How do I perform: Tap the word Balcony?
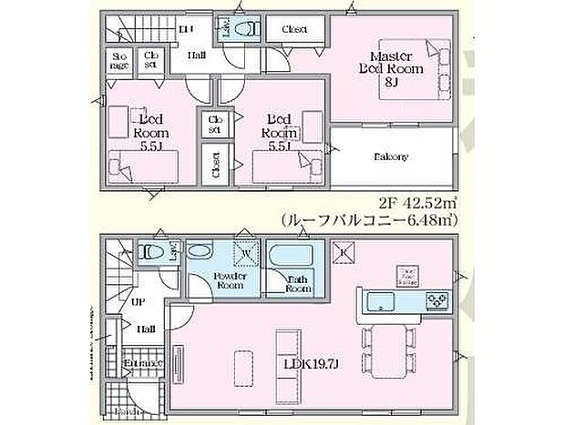tap(389, 157)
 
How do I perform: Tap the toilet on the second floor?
tap(241, 29)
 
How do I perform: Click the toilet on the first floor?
tap(151, 253)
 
